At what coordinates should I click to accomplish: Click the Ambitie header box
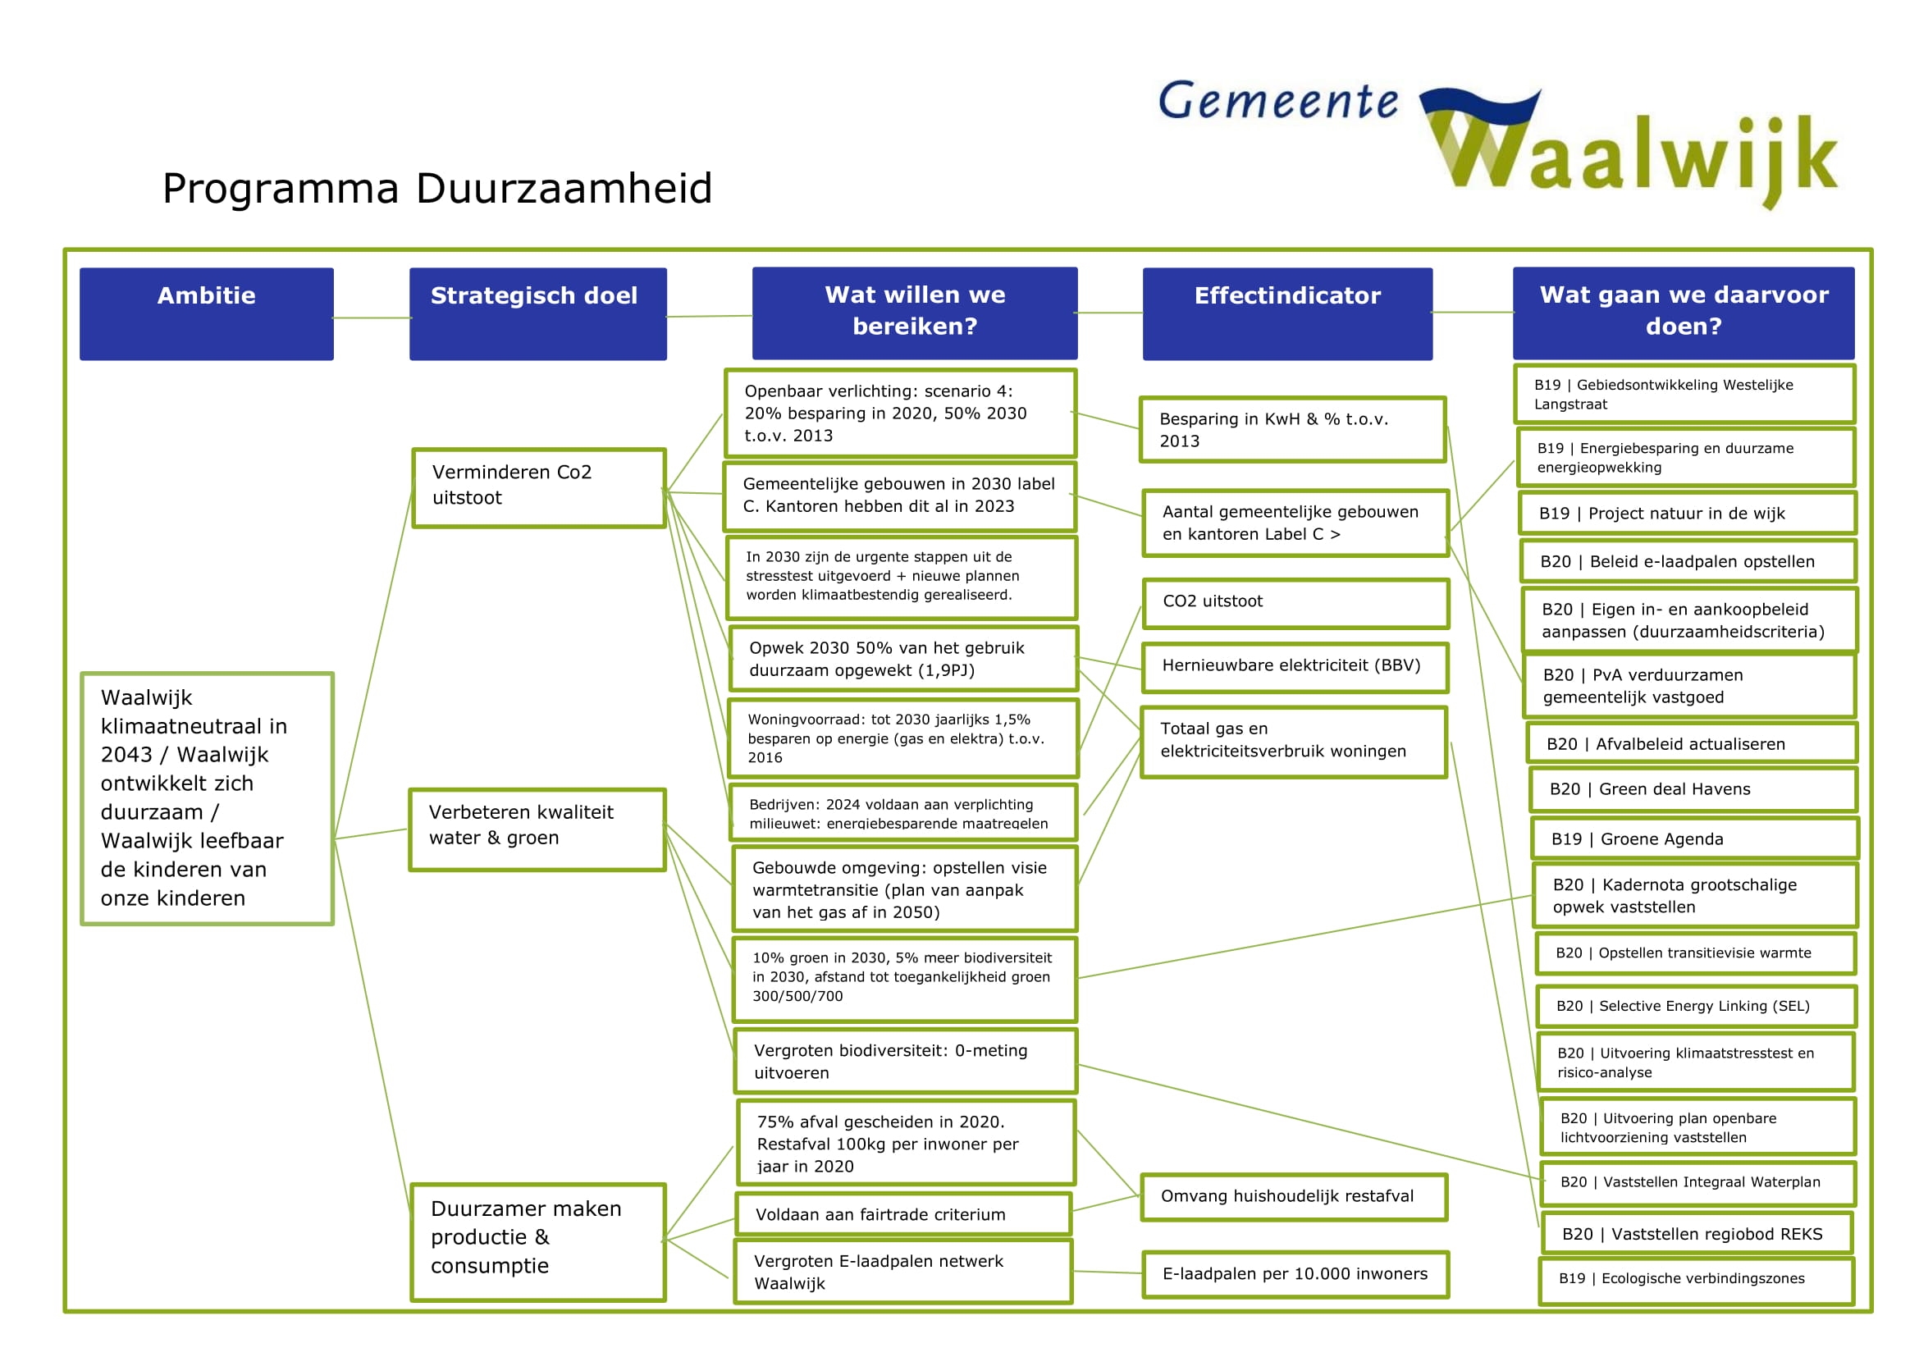(x=207, y=313)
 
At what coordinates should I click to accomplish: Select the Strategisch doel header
(x=537, y=313)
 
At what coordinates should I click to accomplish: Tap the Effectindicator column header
(x=1287, y=313)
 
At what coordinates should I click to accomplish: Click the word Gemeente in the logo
(x=1277, y=102)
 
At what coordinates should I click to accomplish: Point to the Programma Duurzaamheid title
(x=437, y=188)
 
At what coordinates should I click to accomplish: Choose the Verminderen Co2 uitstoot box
(x=538, y=488)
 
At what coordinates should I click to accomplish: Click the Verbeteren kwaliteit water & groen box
(x=537, y=829)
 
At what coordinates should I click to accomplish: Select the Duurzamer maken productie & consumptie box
(x=538, y=1240)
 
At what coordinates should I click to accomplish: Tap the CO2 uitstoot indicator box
(x=1295, y=602)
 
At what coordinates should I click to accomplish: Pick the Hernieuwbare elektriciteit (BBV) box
(x=1295, y=667)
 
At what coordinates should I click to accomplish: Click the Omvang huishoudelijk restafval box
(x=1293, y=1196)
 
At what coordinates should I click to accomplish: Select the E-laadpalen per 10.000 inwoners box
(x=1295, y=1274)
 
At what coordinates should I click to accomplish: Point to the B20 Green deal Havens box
(x=1693, y=789)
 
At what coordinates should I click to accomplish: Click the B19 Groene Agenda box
(x=1694, y=839)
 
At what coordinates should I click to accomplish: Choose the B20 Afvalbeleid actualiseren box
(x=1691, y=743)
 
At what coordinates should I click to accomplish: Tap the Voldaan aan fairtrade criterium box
(x=902, y=1214)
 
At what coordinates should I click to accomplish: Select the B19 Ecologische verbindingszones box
(x=1696, y=1279)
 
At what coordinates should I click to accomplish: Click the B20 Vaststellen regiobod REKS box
(x=1696, y=1233)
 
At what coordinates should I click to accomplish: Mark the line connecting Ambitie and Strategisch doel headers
(x=372, y=318)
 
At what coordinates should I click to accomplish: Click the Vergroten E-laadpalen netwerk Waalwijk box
(x=902, y=1272)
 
